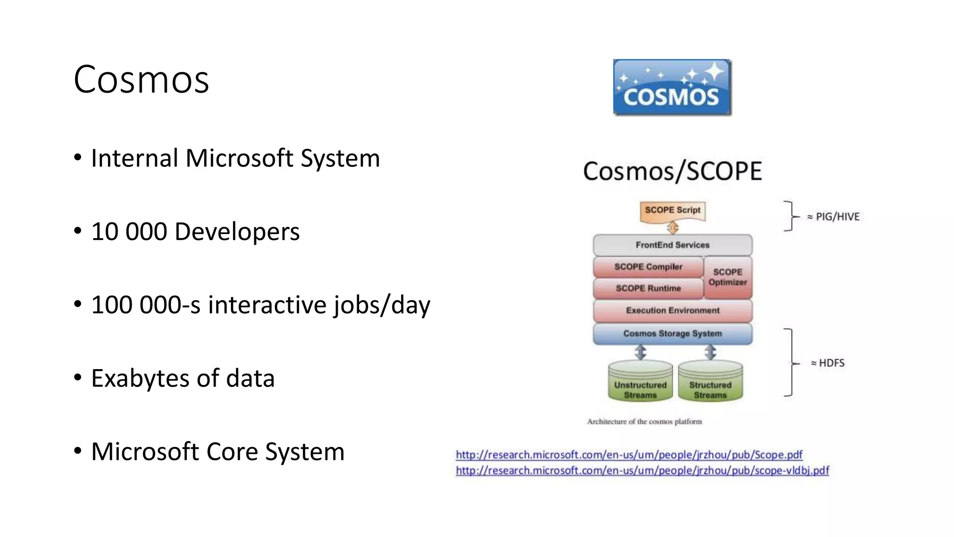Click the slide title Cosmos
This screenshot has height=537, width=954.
141,80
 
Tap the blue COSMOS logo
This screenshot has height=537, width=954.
672,87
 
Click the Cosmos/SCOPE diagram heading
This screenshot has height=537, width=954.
672,171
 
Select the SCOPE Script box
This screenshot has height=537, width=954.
672,211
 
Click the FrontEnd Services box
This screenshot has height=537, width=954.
672,245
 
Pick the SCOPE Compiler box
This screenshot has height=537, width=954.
648,267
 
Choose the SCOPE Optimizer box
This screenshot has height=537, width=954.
727,277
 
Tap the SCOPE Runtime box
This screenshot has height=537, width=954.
648,289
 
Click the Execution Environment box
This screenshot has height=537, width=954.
672,310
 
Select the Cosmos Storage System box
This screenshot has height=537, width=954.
672,334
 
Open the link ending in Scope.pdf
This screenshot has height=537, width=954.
629,454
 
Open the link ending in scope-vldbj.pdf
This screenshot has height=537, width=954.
642,470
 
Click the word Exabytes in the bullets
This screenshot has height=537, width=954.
141,379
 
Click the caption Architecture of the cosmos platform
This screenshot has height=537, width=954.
644,421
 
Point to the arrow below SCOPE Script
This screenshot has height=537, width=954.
673,228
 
